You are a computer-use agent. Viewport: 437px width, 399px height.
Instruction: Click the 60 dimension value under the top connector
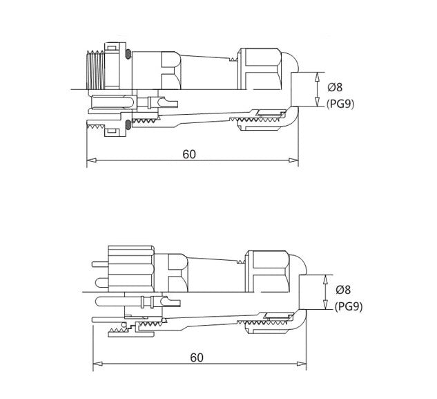click(x=189, y=154)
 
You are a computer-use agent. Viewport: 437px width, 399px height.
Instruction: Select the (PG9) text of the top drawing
click(x=340, y=104)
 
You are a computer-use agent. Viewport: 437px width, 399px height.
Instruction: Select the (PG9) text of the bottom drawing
click(x=348, y=306)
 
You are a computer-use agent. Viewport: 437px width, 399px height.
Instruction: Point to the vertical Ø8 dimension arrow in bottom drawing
click(x=325, y=291)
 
